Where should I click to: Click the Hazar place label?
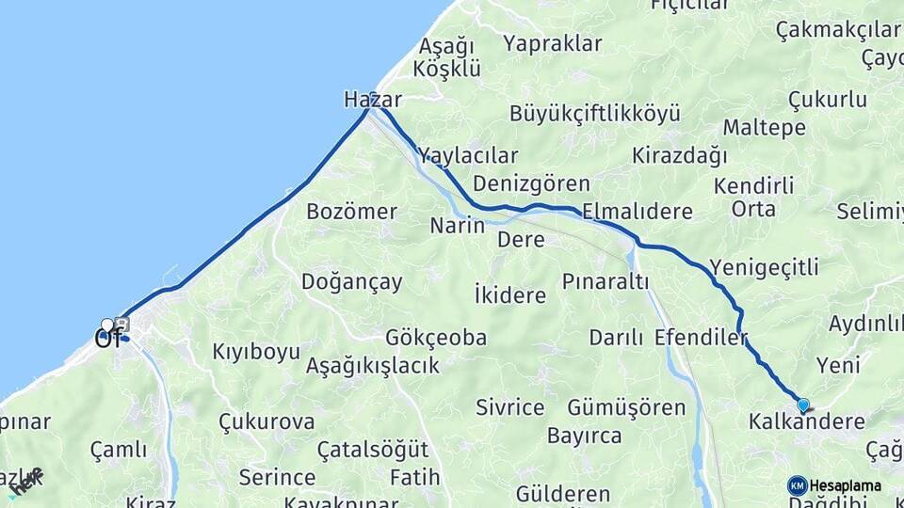(373, 100)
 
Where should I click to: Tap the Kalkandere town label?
(806, 421)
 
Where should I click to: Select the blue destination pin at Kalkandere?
(803, 405)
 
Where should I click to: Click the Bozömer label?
(351, 211)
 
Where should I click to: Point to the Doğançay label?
(351, 281)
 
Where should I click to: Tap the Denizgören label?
(531, 183)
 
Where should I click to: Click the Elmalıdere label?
(638, 211)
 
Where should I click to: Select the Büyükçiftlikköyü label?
(594, 115)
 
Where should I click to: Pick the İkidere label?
(510, 295)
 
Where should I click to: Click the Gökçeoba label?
(436, 337)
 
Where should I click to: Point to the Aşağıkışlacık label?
(373, 365)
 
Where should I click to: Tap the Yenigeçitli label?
(765, 267)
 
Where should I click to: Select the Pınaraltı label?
(606, 281)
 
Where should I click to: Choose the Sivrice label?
(510, 407)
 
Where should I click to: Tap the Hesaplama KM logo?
(798, 485)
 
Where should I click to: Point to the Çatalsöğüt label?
(373, 450)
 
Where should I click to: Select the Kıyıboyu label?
(256, 352)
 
